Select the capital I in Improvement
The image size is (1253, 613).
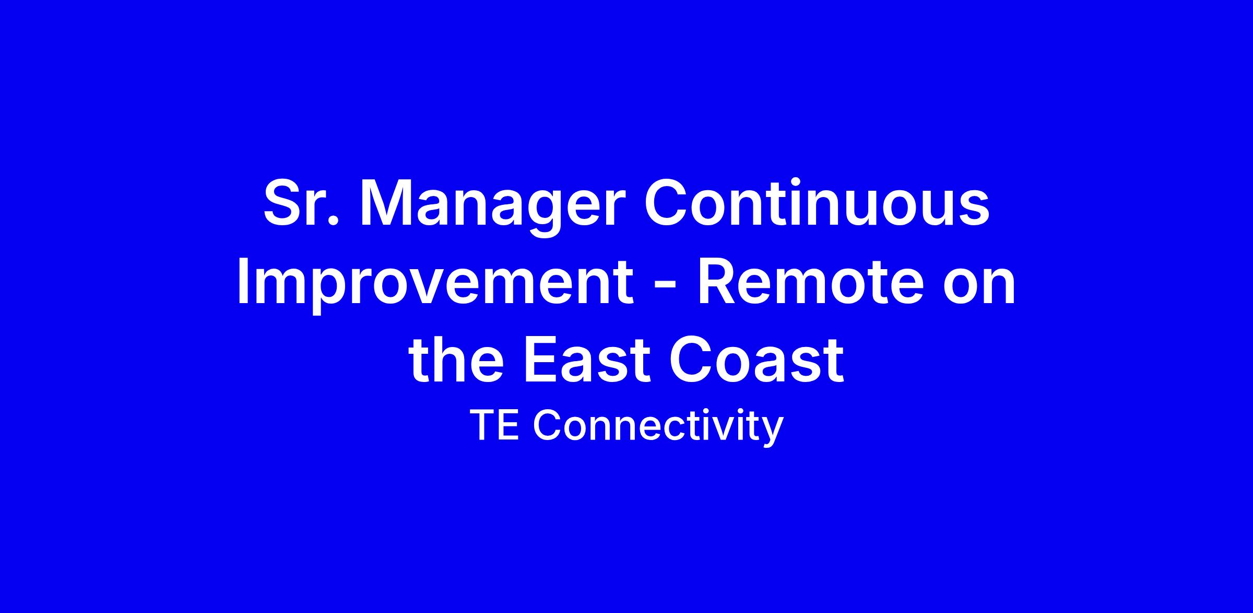pos(243,282)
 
